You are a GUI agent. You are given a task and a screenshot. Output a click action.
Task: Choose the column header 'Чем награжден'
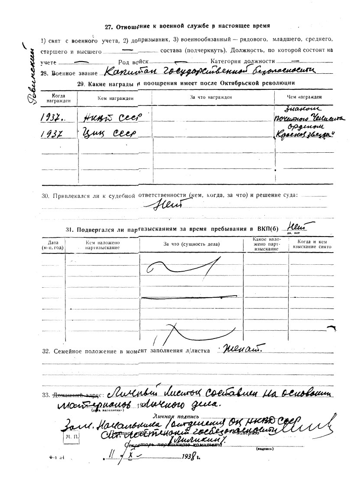click(304, 97)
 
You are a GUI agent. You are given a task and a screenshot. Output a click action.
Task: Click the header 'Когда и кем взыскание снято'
click(312, 244)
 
